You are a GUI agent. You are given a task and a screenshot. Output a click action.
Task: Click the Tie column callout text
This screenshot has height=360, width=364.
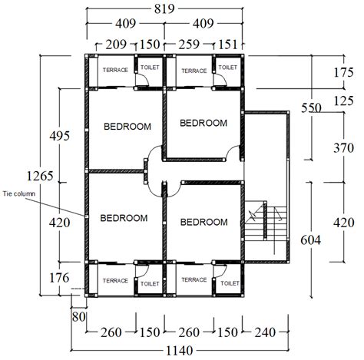coord(18,194)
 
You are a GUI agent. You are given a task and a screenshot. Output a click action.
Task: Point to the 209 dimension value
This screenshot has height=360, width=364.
coord(114,45)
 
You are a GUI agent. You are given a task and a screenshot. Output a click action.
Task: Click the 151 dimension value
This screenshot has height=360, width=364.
coord(229,45)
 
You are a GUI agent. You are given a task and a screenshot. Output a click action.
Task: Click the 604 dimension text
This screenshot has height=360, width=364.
coord(310,241)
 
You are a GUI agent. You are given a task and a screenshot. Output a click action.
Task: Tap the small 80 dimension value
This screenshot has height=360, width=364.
coord(77,315)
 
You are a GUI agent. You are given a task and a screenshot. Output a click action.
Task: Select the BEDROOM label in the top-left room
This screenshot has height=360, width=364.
coord(127,127)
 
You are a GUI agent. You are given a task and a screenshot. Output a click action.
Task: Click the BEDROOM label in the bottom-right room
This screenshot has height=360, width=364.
coord(204,222)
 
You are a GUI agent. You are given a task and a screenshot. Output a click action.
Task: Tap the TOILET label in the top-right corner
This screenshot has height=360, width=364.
coord(228,68)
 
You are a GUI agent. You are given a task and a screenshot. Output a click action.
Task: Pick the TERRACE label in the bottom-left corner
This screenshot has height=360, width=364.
coord(115,280)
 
